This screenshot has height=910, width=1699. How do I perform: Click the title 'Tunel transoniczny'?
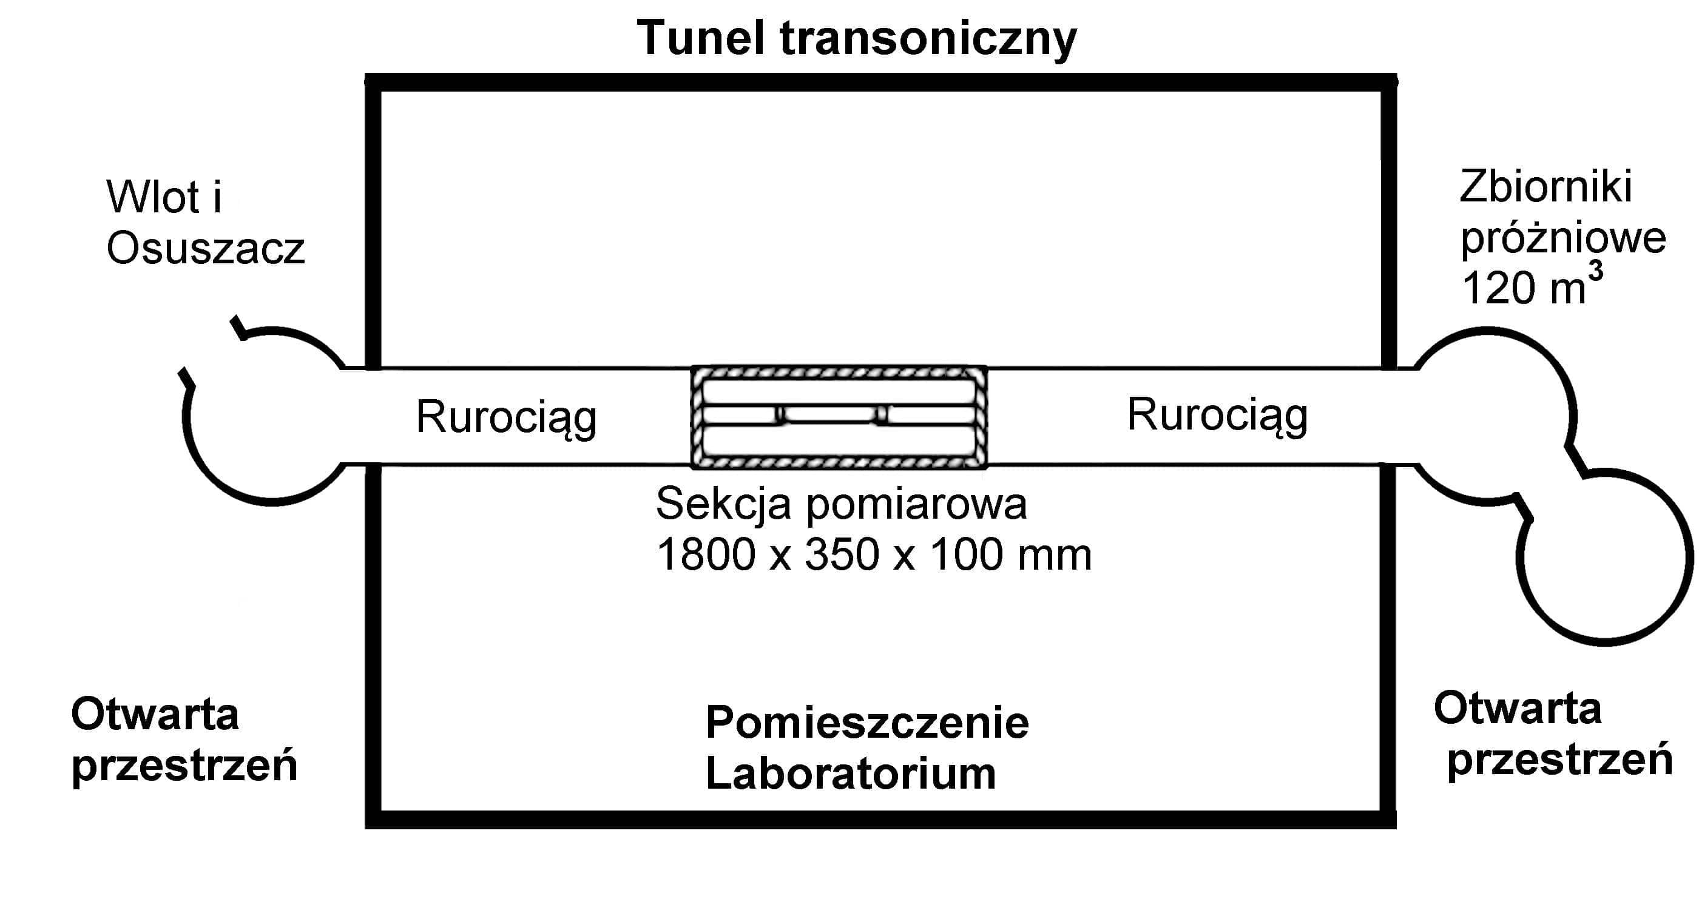[x=856, y=38]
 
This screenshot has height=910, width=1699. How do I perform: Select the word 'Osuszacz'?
[x=205, y=249]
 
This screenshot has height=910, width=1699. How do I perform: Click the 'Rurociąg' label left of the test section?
[x=506, y=417]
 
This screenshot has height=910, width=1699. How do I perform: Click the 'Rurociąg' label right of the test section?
[x=1217, y=416]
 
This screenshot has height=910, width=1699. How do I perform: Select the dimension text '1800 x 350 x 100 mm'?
[x=874, y=554]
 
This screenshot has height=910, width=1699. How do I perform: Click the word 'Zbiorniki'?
[x=1545, y=187]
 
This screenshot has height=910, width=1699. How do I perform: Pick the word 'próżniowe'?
[x=1563, y=238]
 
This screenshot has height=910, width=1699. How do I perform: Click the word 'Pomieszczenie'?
[x=866, y=723]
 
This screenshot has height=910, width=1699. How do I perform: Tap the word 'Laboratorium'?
[x=850, y=773]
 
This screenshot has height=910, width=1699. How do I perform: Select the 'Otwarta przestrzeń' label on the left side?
[x=184, y=740]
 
